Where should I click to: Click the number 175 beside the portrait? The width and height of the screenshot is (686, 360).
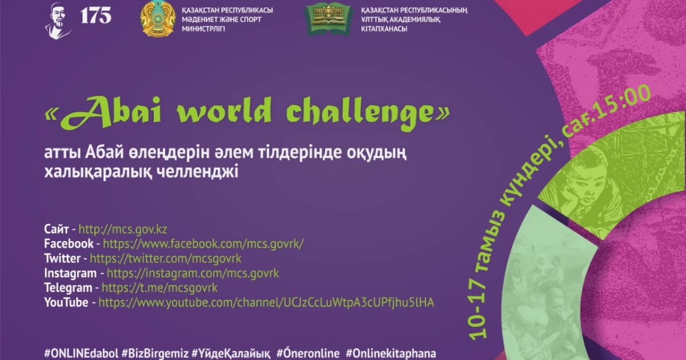(x=96, y=15)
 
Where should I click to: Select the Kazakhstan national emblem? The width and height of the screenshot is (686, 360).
(x=158, y=18)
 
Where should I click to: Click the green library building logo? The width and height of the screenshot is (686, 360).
(x=329, y=19)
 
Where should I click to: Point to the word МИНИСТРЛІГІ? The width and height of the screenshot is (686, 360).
(x=204, y=29)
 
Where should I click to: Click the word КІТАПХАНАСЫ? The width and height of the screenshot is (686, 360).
(x=384, y=29)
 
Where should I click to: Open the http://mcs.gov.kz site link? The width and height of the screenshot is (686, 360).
(x=123, y=229)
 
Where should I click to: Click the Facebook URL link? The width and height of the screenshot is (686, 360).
(x=204, y=243)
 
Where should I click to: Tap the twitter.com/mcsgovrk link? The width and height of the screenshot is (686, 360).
(x=166, y=258)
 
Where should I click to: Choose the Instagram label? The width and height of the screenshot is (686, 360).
(x=70, y=273)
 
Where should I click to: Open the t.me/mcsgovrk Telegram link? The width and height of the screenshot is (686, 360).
(x=159, y=288)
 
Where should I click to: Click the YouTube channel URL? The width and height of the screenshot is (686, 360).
(x=266, y=302)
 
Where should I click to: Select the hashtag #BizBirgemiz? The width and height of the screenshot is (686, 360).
(x=155, y=353)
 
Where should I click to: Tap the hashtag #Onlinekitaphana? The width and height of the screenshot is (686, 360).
(x=391, y=353)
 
